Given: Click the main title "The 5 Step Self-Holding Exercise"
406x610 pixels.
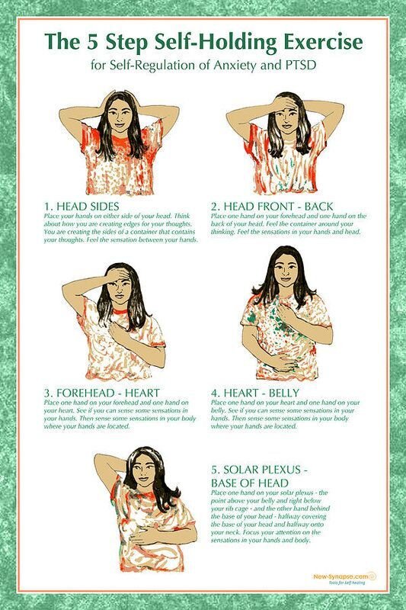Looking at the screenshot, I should point(203,40).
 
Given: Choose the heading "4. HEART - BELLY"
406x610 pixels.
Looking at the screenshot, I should point(253,393).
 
